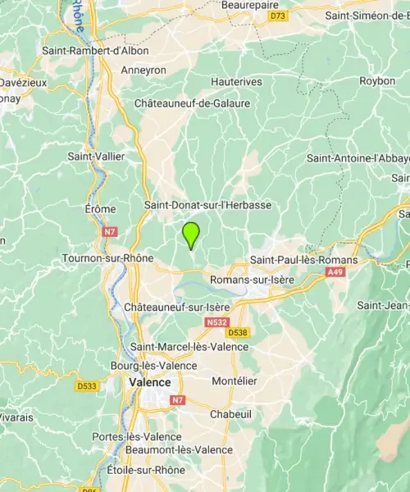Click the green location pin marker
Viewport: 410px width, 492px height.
coord(191,235)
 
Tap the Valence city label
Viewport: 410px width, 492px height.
coord(149,382)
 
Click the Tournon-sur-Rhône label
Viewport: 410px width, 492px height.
coord(107,258)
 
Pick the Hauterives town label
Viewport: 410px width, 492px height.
coord(236,82)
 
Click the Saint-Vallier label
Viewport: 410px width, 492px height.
coord(92,155)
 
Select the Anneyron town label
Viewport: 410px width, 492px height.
coord(143,71)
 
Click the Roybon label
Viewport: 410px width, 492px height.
coord(377,80)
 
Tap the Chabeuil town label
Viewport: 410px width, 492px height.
coord(230,415)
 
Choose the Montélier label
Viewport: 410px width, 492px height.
coord(235,381)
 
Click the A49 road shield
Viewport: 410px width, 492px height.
coord(335,271)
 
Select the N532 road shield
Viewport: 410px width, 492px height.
coord(216,323)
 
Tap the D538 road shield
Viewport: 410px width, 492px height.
coord(238,333)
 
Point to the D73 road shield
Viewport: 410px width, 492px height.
coord(280,16)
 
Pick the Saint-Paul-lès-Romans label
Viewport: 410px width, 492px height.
coord(304,260)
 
